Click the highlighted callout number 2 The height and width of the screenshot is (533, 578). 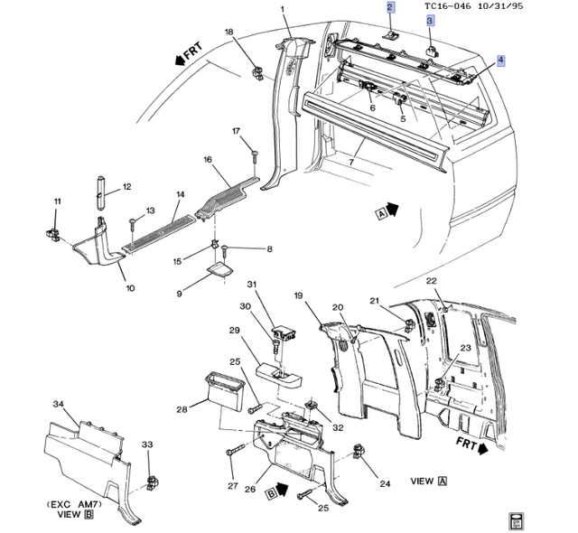(x=391, y=7)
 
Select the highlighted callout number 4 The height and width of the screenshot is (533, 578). (x=501, y=61)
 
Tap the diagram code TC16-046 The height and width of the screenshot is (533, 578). (x=447, y=6)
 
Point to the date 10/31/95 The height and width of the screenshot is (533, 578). (x=500, y=6)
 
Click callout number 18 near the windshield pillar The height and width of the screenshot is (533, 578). (x=228, y=32)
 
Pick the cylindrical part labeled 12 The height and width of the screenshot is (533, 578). (x=100, y=192)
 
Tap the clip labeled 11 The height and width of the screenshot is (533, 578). (x=52, y=235)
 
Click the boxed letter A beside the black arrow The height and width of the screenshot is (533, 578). (x=381, y=213)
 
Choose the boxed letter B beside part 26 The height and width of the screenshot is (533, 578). (x=271, y=493)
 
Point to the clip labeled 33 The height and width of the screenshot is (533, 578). (x=152, y=482)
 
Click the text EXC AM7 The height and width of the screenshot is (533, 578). (x=74, y=504)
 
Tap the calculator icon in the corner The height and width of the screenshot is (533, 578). (x=516, y=521)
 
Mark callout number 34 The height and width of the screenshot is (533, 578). (x=58, y=404)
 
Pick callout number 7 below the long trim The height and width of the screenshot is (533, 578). (x=351, y=163)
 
